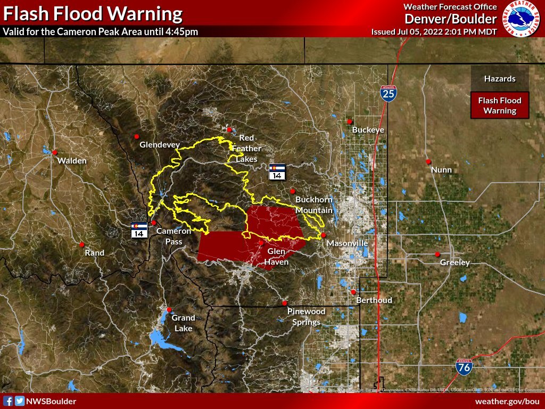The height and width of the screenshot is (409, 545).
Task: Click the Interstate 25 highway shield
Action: [x=388, y=94]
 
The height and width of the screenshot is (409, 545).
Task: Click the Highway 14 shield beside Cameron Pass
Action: [x=139, y=230]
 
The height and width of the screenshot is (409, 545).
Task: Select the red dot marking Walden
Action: [x=54, y=152]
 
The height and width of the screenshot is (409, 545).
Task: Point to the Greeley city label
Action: [x=455, y=263]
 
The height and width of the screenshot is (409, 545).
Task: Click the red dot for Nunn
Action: [x=428, y=161]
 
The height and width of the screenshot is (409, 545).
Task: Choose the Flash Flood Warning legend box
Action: [x=500, y=105]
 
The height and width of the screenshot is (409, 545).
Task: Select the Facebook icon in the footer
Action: [x=8, y=401]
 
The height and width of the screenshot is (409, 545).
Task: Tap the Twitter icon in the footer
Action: [x=20, y=401]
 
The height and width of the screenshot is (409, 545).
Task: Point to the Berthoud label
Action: [x=375, y=300]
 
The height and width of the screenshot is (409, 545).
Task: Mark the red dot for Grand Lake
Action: [x=169, y=309]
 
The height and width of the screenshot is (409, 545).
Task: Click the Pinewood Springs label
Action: [x=306, y=316]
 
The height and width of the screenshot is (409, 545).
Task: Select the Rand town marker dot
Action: [x=81, y=245]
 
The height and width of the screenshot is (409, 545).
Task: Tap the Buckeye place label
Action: [x=368, y=130]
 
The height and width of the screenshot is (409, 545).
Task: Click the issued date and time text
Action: [x=434, y=31]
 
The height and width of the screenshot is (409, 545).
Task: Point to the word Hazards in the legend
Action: [x=499, y=79]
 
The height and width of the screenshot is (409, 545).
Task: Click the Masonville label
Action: [x=347, y=243]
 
